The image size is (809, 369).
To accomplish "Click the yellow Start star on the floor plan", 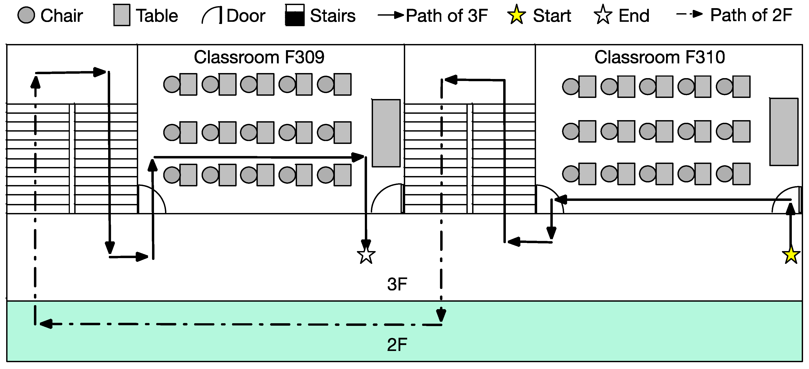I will [790, 255].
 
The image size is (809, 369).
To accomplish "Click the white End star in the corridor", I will [366, 255].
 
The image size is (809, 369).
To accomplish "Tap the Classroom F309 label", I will [259, 57].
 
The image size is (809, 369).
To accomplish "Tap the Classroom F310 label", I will [659, 57].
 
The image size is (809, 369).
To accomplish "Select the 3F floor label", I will [397, 284].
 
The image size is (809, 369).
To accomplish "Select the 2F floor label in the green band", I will [397, 345].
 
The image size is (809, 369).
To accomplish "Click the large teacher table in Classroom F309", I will [386, 133].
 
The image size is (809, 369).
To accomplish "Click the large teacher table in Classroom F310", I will [784, 132].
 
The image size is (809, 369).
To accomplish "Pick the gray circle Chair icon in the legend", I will [26, 15].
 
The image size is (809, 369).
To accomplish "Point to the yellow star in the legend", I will [516, 15].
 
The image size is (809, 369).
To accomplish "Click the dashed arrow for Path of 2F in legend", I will [689, 15].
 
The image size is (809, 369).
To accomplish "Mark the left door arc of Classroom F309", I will [152, 199].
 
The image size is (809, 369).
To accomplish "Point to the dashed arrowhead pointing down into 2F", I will [441, 315].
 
